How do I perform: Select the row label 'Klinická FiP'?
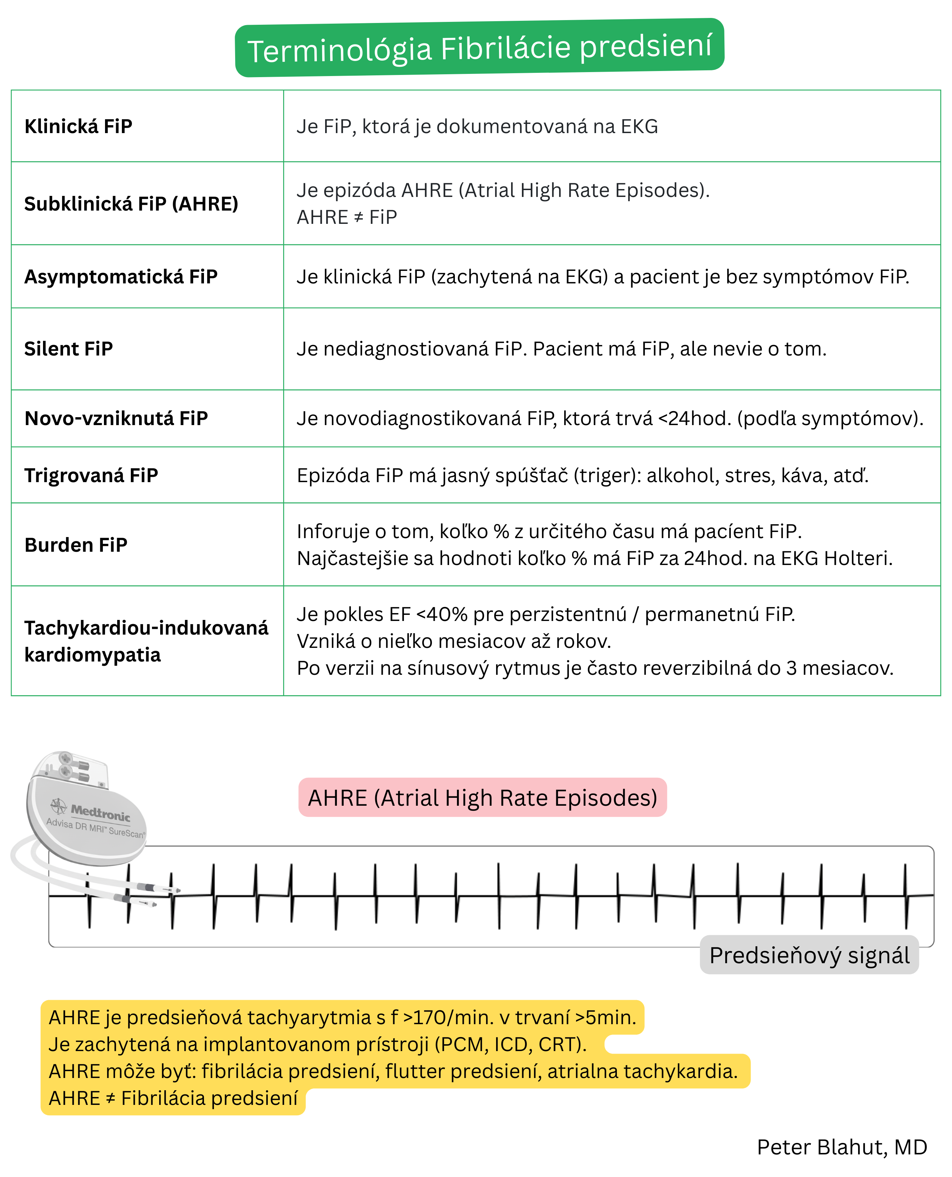click(x=78, y=127)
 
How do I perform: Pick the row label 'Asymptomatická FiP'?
click(x=121, y=277)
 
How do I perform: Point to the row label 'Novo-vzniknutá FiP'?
click(x=116, y=419)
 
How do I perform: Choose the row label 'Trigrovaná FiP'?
click(x=91, y=475)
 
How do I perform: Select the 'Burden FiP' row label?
click(x=76, y=545)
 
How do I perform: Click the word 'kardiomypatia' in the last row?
click(x=93, y=655)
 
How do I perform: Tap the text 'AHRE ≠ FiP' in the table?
click(x=347, y=218)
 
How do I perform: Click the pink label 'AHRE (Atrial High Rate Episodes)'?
click(x=482, y=798)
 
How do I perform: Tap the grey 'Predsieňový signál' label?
click(x=809, y=955)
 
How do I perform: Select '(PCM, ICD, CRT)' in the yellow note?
click(x=510, y=1045)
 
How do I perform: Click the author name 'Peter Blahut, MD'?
click(x=842, y=1147)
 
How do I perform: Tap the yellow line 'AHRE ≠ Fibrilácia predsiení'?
click(x=173, y=1098)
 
